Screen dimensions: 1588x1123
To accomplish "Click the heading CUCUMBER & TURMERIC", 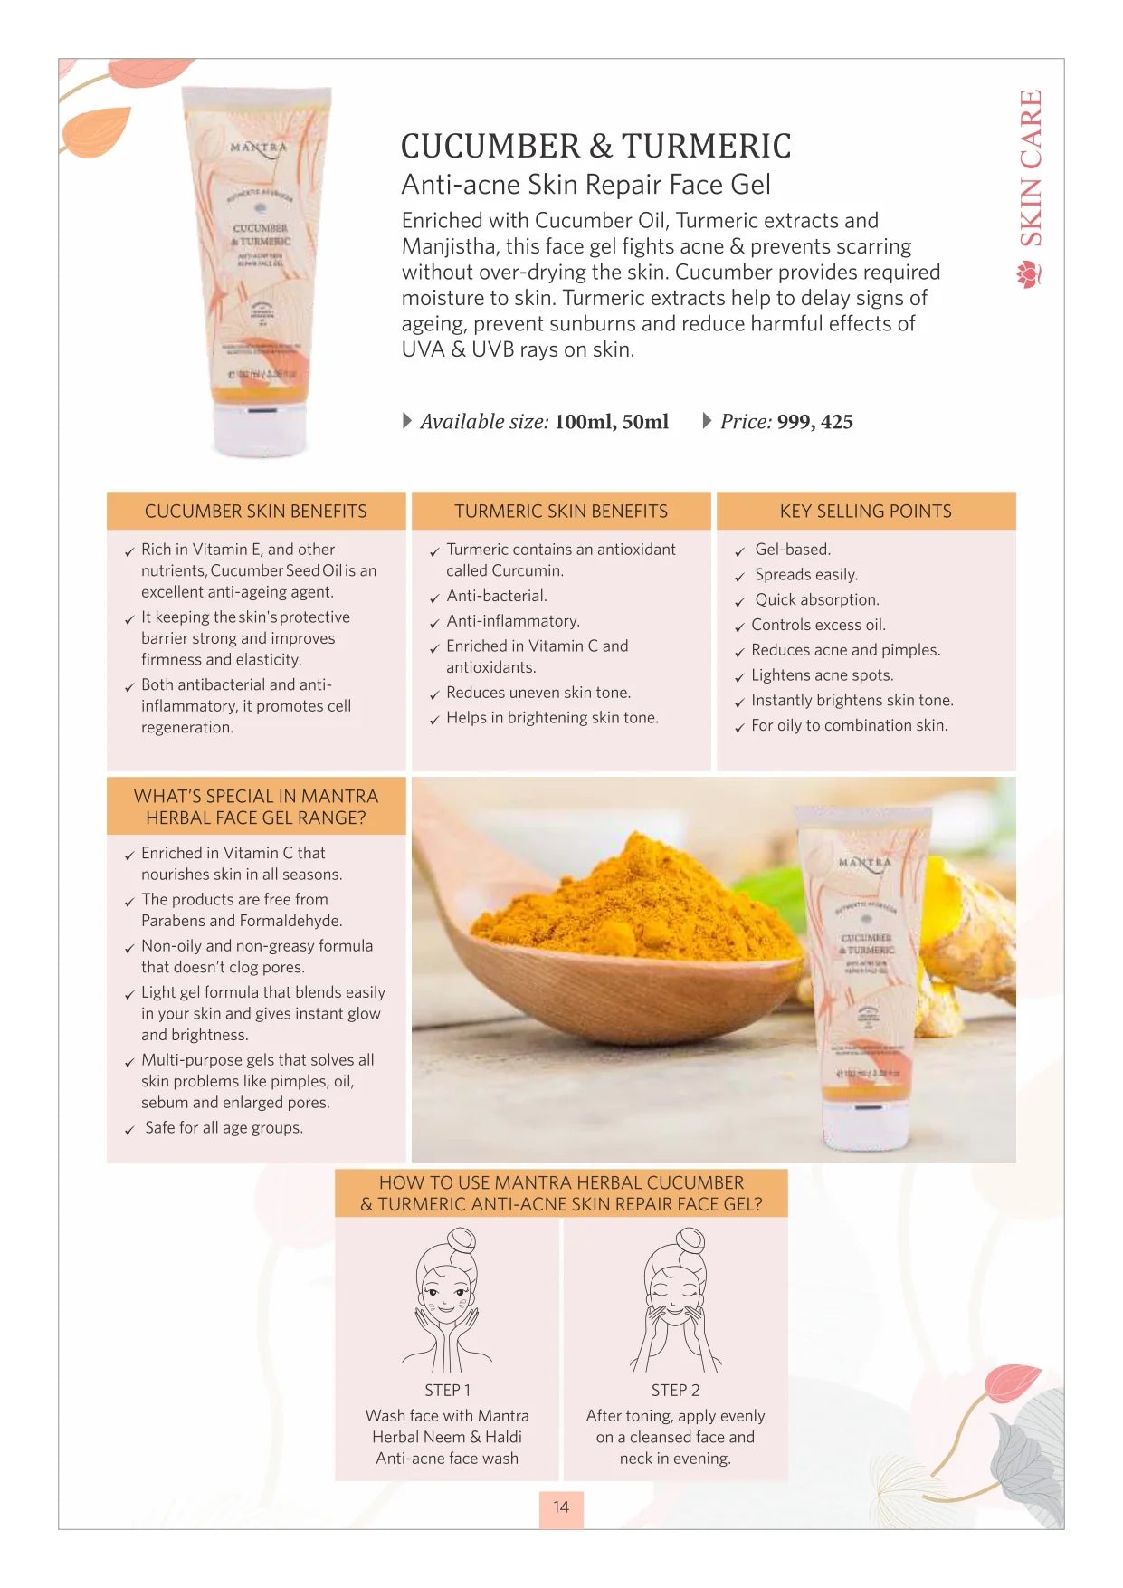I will tap(595, 146).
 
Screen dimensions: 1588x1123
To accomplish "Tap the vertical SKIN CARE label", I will tap(1031, 168).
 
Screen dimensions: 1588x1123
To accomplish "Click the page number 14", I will tap(561, 1507).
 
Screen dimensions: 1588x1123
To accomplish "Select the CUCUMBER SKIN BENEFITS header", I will tap(256, 512).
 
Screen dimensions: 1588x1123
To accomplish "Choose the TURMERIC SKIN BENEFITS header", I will tap(561, 512).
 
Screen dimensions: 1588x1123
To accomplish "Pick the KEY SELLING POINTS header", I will tap(866, 512).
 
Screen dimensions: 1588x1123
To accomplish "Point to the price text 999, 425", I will tap(814, 422).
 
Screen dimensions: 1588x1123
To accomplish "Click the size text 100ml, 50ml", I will tap(611, 422).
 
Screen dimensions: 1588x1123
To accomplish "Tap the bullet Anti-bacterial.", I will tap(497, 596).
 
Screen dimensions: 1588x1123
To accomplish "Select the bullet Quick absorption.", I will tap(816, 599).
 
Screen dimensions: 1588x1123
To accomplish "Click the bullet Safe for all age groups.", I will tap(224, 1128).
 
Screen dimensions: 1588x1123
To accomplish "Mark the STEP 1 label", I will tap(447, 1391).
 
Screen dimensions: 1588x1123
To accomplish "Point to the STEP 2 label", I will tap(675, 1391).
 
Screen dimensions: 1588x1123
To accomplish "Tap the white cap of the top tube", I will tap(259, 431).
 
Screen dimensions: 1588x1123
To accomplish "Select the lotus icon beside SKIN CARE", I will tap(1030, 273).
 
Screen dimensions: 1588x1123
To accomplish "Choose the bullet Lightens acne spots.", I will tap(822, 675).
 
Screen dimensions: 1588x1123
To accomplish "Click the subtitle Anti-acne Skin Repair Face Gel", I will tap(585, 185).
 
